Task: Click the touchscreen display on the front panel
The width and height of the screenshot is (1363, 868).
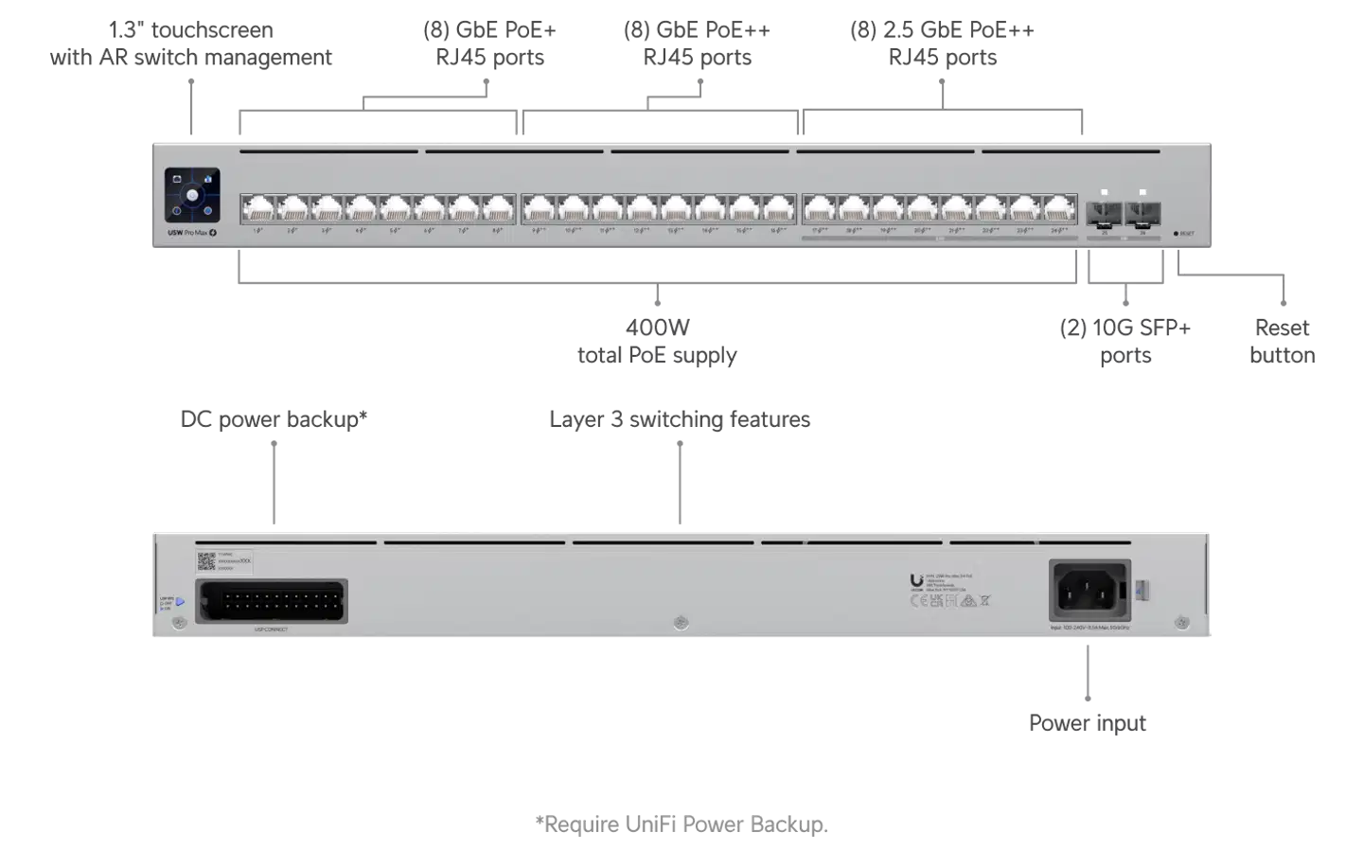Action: point(192,195)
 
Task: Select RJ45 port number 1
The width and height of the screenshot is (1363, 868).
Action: point(257,207)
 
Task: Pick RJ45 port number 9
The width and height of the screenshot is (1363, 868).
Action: point(539,207)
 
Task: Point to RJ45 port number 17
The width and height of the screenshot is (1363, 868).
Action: point(819,207)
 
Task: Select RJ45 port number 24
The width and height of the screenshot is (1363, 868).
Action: point(1060,207)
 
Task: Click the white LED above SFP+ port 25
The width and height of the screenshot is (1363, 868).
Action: point(1105,192)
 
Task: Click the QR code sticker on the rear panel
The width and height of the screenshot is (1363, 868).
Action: point(206,561)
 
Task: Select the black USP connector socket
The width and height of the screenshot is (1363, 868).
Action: point(272,601)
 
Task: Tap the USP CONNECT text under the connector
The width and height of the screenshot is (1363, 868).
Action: point(272,629)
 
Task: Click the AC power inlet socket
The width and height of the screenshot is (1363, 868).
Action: point(1089,590)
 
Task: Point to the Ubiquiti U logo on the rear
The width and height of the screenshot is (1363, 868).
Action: point(916,581)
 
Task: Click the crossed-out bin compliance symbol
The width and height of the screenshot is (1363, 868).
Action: point(985,600)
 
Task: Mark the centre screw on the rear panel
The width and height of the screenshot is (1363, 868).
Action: point(680,623)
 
